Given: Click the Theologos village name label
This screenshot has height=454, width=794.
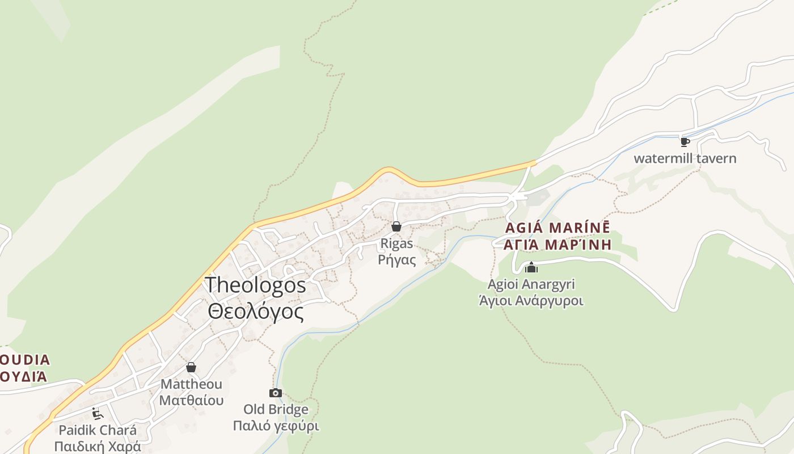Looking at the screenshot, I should point(255,285).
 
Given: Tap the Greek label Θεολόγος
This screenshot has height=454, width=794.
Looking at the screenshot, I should point(255,312).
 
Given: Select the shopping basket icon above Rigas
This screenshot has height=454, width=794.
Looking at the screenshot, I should point(396,227).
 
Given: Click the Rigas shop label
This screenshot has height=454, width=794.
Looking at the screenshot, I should point(396,243).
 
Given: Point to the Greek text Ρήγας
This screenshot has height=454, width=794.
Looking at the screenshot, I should point(396,260).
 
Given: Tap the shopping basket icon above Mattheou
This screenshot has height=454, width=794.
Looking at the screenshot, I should point(191,368).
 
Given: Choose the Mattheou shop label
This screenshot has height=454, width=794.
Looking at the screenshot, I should point(191,384).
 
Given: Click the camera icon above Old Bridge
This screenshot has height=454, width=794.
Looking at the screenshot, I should point(276,393).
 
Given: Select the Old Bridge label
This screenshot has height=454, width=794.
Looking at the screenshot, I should point(276,409).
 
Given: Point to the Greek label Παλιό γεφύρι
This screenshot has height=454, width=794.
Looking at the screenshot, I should point(276,426).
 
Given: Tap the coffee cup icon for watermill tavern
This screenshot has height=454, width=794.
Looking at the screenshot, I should point(685,142).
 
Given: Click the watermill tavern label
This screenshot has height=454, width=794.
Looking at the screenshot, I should point(685,158).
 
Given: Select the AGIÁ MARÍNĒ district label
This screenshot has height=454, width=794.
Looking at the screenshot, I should point(557,228).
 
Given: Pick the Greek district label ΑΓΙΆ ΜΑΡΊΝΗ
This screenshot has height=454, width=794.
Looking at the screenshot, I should point(557,245).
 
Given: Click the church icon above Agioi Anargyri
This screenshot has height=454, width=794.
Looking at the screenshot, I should point(531,267).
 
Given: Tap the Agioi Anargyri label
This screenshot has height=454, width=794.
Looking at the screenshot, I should point(531,284).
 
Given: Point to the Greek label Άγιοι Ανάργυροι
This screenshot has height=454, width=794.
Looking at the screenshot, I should point(531,300).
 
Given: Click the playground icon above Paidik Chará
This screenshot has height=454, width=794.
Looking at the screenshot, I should point(98,413).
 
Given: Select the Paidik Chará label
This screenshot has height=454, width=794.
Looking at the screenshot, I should point(98,430).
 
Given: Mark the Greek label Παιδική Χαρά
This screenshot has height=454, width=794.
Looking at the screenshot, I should point(98,446).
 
